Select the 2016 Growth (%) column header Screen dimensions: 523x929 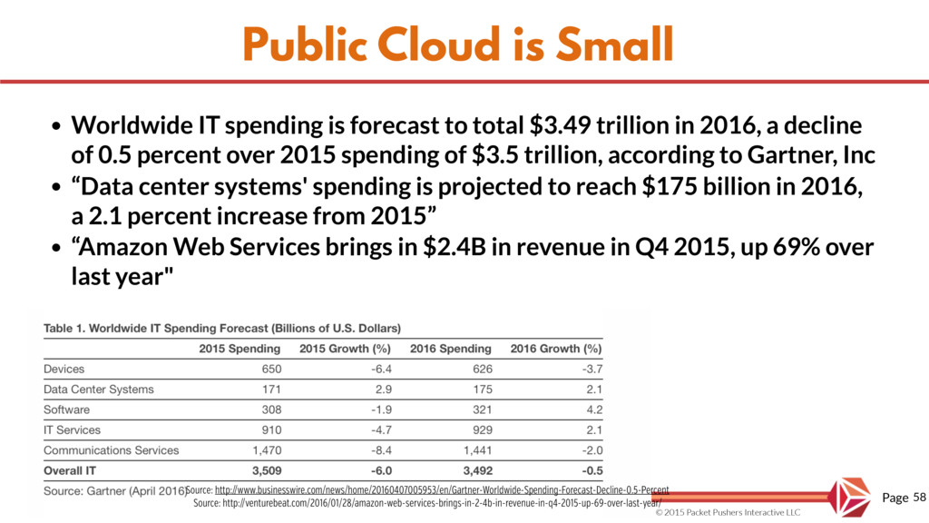coord(556,349)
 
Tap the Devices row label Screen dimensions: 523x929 coord(64,369)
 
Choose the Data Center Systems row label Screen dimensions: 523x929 coord(99,389)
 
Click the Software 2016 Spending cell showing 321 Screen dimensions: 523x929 coord(481,410)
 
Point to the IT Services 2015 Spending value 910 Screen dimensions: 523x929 coord(271,429)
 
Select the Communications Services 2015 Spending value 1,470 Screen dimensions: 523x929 coord(265,449)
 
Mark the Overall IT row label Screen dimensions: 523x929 coord(72,470)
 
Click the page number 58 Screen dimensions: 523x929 coord(919,498)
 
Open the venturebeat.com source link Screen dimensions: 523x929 coord(428,502)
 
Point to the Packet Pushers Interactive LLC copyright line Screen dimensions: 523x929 coord(729,514)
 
